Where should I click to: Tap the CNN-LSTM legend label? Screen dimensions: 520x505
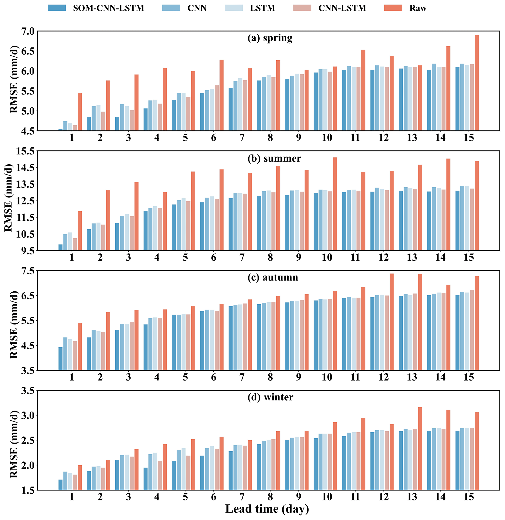(x=342, y=8)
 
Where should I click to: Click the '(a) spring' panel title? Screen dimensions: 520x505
(x=270, y=38)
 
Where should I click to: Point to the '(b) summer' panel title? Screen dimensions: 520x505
(x=274, y=158)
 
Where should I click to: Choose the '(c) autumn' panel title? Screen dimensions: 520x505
(x=273, y=277)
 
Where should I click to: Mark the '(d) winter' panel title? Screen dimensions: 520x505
(x=270, y=397)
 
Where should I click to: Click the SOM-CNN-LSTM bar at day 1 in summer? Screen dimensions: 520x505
(x=61, y=247)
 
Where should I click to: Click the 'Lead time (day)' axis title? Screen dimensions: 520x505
(x=267, y=509)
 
